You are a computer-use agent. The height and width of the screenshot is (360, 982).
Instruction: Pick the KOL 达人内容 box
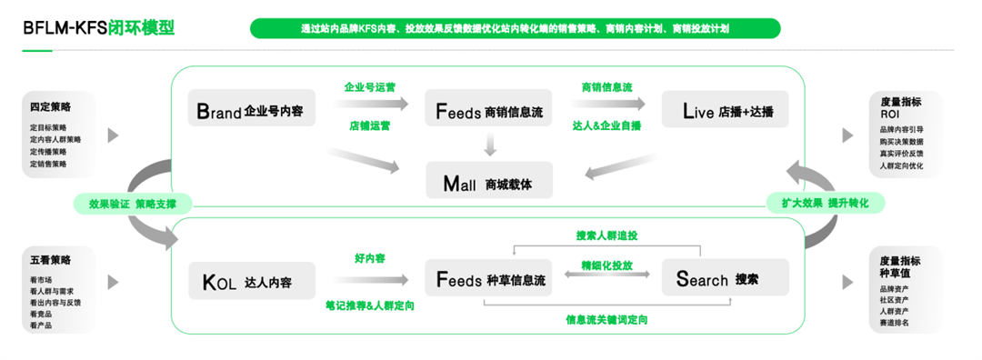251,282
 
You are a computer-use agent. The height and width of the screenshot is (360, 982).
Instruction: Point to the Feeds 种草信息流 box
489,280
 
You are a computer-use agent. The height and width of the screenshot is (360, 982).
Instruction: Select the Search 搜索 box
724,280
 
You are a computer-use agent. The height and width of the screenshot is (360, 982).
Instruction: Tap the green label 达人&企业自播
606,125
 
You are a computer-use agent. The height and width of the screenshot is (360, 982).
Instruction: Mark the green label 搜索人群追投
606,235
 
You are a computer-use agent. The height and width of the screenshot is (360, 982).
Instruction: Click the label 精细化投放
606,265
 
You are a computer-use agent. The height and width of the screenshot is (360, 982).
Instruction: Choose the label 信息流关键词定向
606,319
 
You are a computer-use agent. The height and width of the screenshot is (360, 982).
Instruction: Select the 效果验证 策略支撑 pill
133,203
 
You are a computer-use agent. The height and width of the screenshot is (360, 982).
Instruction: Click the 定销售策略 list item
48,165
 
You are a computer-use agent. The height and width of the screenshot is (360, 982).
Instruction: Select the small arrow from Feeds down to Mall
489,145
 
